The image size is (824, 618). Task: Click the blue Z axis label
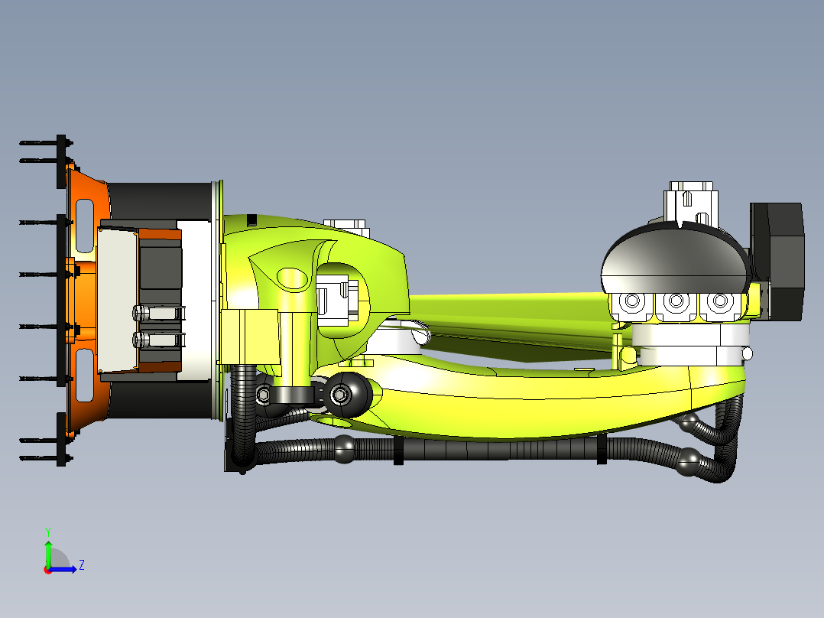tap(81, 565)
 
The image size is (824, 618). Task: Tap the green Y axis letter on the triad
tap(47, 530)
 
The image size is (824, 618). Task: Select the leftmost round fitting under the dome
tap(632, 302)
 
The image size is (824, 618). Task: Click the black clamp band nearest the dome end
tap(601, 449)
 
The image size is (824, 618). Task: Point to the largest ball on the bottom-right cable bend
tap(691, 460)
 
